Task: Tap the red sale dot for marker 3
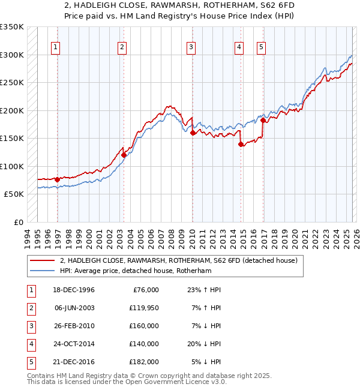[193, 133]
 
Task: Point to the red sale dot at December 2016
[263, 121]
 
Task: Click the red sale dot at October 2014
[241, 144]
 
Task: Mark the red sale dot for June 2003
[124, 155]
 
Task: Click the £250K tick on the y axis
[12, 83]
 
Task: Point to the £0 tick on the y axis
[18, 223]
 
